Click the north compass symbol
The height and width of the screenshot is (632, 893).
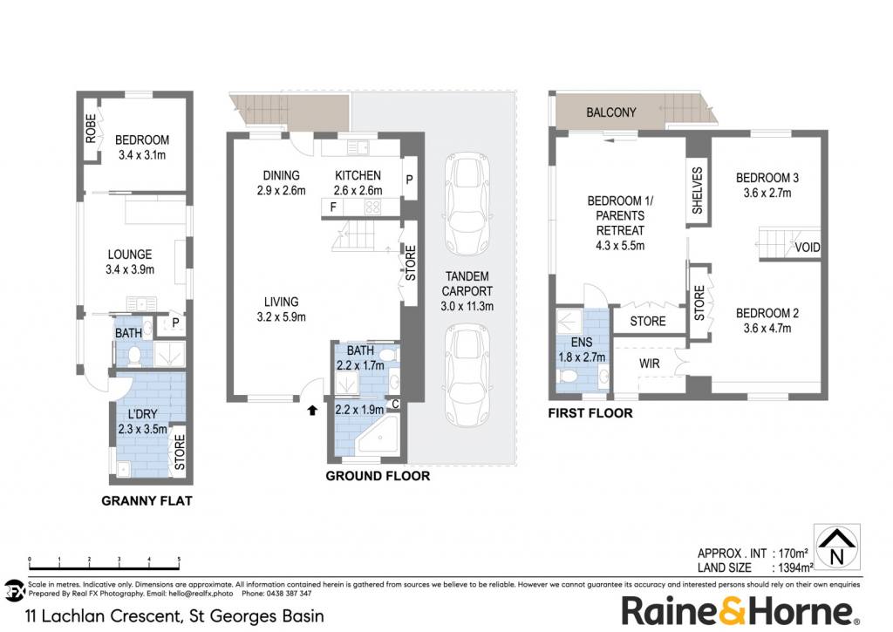(836, 547)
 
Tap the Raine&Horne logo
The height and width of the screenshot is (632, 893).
(740, 610)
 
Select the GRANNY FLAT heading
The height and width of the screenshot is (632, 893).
(147, 501)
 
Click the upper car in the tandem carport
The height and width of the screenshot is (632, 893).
(467, 203)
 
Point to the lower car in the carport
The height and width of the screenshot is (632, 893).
(467, 377)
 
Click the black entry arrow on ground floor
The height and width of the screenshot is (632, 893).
(311, 410)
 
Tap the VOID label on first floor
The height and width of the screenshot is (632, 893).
(808, 247)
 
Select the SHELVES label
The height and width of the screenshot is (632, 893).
(697, 190)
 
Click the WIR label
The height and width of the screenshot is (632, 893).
(649, 364)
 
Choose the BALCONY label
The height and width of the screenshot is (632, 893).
(611, 112)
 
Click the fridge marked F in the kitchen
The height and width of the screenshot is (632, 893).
(333, 207)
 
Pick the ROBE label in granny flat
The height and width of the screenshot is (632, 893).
(91, 128)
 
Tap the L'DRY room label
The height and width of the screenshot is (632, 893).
(142, 414)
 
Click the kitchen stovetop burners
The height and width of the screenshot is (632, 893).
(372, 207)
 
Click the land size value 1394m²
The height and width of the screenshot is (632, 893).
(792, 567)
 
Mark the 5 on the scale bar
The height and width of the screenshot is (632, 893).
(179, 560)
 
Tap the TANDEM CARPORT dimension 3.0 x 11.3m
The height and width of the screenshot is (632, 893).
(467, 306)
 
